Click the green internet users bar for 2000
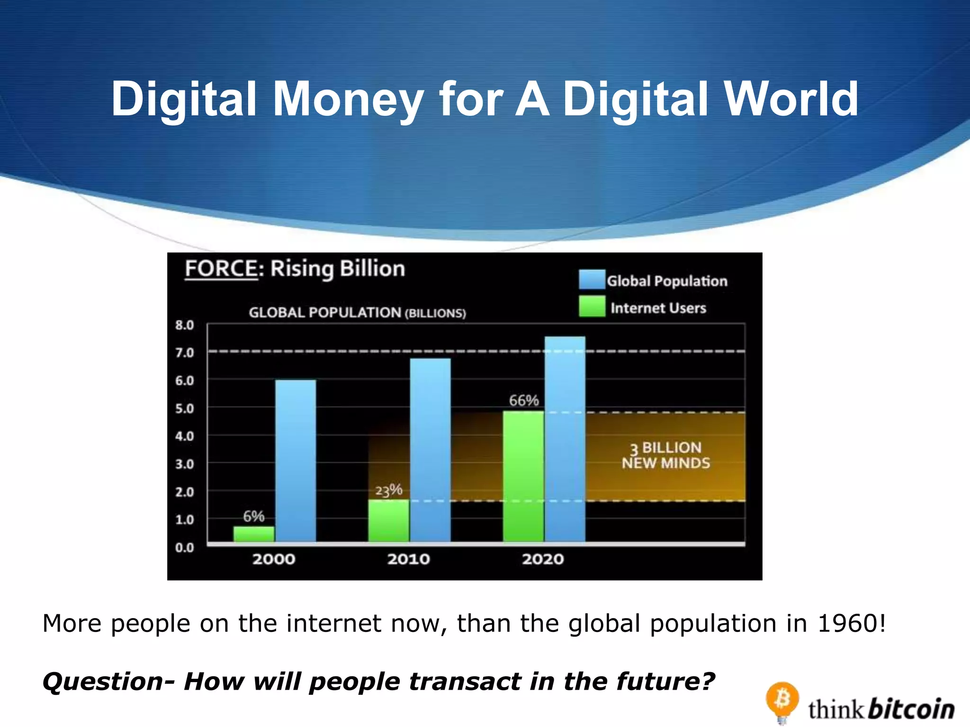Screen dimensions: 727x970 (x=254, y=534)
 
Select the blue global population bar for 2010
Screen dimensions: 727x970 (x=430, y=450)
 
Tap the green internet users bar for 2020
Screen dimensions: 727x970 (x=523, y=476)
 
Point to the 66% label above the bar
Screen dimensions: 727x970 (x=524, y=400)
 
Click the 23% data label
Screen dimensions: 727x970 (x=389, y=490)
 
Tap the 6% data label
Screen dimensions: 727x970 (x=254, y=516)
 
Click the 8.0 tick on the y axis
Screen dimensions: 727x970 (x=185, y=325)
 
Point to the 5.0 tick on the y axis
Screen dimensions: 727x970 (x=185, y=408)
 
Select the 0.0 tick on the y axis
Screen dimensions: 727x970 (x=185, y=548)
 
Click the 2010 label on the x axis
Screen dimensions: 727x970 (x=409, y=559)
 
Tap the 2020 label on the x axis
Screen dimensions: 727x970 (x=543, y=559)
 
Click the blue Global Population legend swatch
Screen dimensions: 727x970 (x=592, y=279)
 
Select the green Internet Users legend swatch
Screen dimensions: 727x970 (x=592, y=306)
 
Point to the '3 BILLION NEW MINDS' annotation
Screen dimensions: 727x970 (x=666, y=455)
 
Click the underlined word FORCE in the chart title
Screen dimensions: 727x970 (x=221, y=268)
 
